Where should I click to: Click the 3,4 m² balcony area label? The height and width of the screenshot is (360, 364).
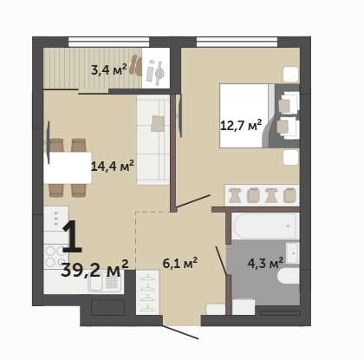pos(109,69)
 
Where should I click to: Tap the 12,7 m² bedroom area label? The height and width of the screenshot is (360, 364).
pos(241,126)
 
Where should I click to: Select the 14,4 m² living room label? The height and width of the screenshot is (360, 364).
pos(113,166)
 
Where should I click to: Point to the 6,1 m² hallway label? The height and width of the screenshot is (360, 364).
pos(180,263)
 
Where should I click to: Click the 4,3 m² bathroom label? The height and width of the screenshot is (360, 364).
pos(265,264)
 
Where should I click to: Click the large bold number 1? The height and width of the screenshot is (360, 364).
pos(72,237)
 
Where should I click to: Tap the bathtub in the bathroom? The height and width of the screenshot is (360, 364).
pos(265,226)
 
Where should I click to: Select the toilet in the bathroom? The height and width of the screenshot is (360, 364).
pos(289,276)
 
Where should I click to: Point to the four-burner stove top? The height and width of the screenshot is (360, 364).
pos(55,257)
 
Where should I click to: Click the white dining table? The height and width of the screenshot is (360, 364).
pos(68,167)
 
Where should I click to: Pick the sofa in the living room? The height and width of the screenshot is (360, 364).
pos(153,140)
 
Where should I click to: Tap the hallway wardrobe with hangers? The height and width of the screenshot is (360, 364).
pos(147,292)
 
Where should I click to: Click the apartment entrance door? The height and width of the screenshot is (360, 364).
pos(180,332)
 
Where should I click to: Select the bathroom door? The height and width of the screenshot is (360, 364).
pos(221,260)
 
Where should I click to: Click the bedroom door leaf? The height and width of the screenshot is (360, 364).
pos(193,201)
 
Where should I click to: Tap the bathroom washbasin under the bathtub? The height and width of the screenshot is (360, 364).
pos(292,253)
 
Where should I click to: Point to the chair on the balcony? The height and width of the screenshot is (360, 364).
pos(136,65)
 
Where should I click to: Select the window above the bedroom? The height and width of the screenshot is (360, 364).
pos(237,42)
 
